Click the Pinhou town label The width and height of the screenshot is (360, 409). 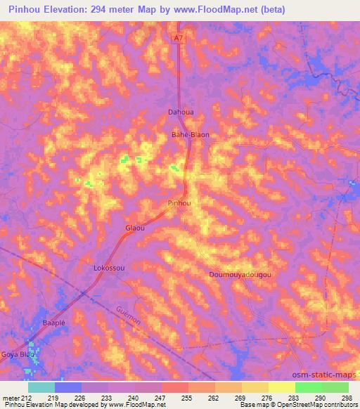pyautogui.click(x=179, y=203)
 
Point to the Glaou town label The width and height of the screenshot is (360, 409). pyautogui.click(x=134, y=228)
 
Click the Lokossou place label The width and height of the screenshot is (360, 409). pyautogui.click(x=109, y=268)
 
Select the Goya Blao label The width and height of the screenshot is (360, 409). pyautogui.click(x=17, y=354)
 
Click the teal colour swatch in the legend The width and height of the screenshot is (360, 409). pyautogui.click(x=41, y=387)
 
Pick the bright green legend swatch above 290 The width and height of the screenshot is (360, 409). pyautogui.click(x=309, y=387)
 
